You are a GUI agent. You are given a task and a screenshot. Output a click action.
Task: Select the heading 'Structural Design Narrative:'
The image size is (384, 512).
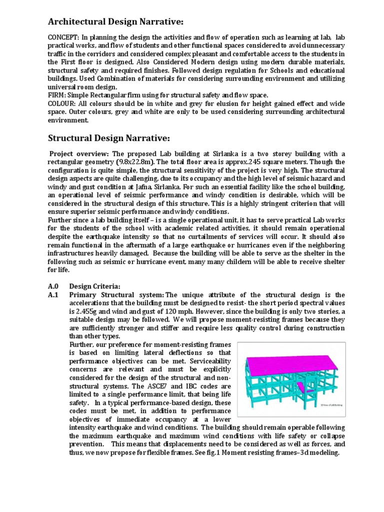(109, 137)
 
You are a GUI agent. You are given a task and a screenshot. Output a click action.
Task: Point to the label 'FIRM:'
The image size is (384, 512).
(56, 95)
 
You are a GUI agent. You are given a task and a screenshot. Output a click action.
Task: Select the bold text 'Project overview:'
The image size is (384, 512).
(79, 153)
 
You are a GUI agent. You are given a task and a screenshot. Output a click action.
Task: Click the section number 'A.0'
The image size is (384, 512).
(53, 286)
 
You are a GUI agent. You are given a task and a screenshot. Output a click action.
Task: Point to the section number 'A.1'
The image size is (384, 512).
(53, 294)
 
